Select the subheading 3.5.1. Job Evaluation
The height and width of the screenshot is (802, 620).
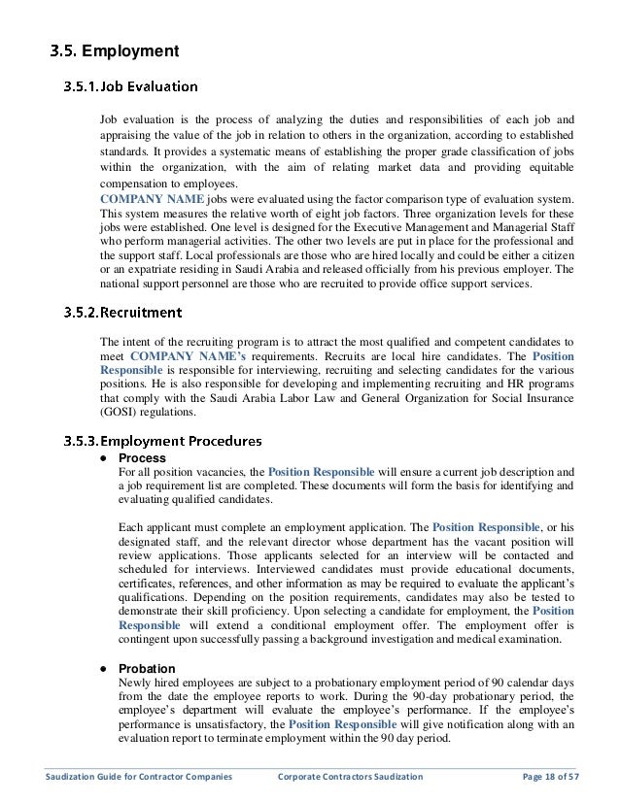132,85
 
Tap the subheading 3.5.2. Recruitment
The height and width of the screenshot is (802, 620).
122,313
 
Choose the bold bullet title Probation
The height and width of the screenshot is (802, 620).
147,669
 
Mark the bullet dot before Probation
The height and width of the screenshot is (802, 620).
103,669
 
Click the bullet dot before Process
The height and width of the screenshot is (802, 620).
103,457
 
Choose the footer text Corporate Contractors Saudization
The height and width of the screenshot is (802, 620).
357,777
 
